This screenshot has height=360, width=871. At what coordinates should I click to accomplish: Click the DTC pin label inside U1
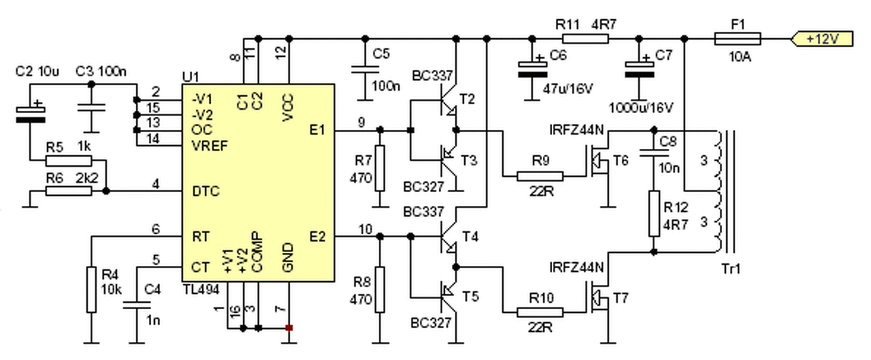click(x=206, y=192)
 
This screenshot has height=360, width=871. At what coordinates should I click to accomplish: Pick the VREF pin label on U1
click(x=210, y=145)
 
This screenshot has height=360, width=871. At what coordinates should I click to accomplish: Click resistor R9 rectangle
click(x=540, y=176)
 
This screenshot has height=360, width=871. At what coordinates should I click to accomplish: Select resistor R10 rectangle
click(x=540, y=312)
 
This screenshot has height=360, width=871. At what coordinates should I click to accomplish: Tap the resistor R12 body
click(x=654, y=214)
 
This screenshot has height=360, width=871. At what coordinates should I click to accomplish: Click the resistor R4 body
click(x=91, y=290)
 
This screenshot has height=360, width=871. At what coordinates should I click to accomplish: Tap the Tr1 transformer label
click(x=731, y=269)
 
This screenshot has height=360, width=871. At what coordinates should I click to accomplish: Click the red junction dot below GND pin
click(x=289, y=328)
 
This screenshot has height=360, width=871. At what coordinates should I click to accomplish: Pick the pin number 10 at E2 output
click(x=365, y=229)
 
